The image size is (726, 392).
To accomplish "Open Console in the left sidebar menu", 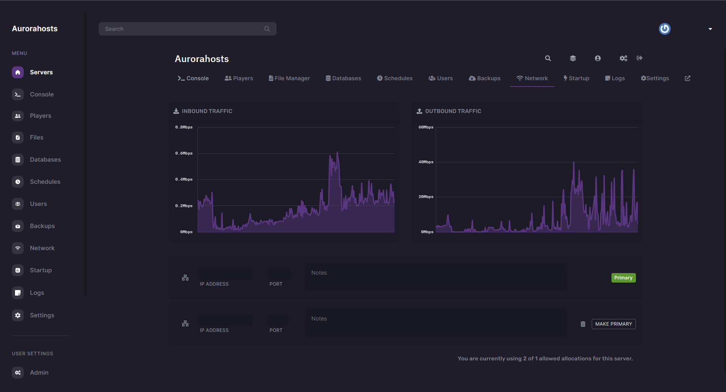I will pyautogui.click(x=41, y=94).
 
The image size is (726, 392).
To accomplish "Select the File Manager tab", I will pyautogui.click(x=289, y=78).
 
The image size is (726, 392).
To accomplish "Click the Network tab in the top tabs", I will pyautogui.click(x=532, y=78).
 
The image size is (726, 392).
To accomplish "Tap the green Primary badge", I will pyautogui.click(x=623, y=278).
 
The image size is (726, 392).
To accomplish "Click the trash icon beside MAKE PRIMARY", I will pyautogui.click(x=583, y=324).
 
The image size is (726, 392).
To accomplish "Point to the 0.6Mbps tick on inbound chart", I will pyautogui.click(x=184, y=153).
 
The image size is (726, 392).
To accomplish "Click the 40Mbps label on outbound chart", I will pyautogui.click(x=426, y=162).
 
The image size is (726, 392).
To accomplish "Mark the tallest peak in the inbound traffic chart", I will pyautogui.click(x=337, y=152).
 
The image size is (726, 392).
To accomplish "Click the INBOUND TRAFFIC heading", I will pyautogui.click(x=207, y=111).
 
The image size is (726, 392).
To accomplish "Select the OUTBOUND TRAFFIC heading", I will pyautogui.click(x=453, y=111).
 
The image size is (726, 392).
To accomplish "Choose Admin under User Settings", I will pyautogui.click(x=39, y=373).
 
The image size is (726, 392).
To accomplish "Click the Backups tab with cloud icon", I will pyautogui.click(x=485, y=78).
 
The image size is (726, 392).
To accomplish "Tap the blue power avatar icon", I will pyautogui.click(x=664, y=29).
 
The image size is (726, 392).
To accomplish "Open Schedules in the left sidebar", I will pyautogui.click(x=45, y=182).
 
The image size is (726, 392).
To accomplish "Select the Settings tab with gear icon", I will pyautogui.click(x=655, y=78).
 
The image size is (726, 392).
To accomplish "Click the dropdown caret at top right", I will pyautogui.click(x=710, y=29).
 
